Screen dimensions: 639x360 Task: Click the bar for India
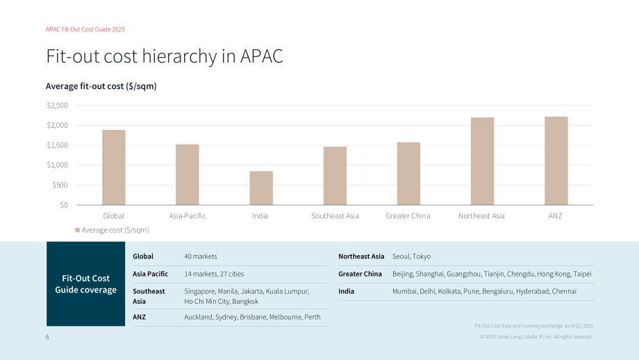[x=261, y=188]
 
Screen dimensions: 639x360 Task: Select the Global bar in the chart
[x=114, y=167]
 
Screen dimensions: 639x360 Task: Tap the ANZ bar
[x=556, y=161]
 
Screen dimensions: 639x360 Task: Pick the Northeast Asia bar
[x=483, y=161]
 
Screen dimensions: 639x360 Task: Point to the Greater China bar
[x=408, y=174]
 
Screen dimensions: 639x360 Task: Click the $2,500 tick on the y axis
[x=58, y=106]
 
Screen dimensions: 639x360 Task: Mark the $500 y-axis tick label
[x=60, y=185]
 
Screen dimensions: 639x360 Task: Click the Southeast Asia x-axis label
[x=335, y=215]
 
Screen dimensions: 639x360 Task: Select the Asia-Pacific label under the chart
[x=188, y=215]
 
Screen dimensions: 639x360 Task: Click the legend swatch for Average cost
[x=77, y=230]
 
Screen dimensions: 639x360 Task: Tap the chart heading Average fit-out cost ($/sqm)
[x=101, y=86]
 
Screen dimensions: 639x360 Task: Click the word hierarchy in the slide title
[x=179, y=56]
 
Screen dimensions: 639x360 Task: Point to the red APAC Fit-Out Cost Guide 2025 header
[x=85, y=29]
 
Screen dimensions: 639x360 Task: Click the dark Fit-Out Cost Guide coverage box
[x=85, y=284]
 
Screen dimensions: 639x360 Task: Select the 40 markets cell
[x=201, y=256]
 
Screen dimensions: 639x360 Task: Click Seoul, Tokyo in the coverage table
[x=412, y=256]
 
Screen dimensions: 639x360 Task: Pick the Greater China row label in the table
[x=360, y=274]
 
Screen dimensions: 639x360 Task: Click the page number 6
[x=47, y=337]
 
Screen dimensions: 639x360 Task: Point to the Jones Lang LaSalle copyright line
[x=537, y=337]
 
